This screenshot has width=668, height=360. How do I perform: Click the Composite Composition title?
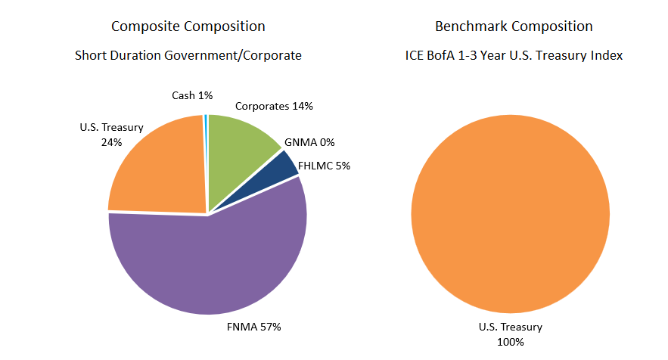coord(188,26)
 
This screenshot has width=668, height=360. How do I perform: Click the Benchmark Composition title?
coord(514,26)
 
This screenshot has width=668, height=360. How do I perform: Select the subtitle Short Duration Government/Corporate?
coord(188,55)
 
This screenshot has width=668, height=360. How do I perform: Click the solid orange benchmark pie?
coord(510,214)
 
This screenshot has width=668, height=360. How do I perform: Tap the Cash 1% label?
coord(192,95)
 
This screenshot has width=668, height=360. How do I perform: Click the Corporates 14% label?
coord(274,107)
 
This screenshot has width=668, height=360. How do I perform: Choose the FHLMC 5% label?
coord(324,166)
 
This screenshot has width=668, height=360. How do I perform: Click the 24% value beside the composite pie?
coord(111,141)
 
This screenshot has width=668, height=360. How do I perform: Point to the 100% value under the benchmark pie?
coord(511,341)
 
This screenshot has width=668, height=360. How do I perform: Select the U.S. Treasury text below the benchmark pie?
coord(511,327)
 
